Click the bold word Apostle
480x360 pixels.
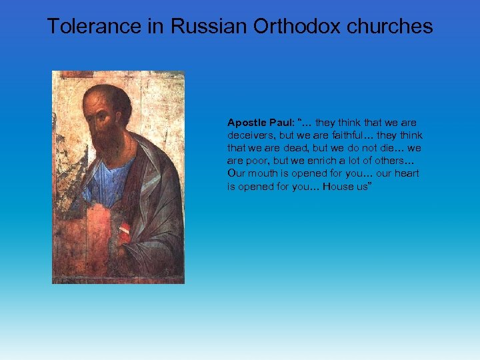point(246,123)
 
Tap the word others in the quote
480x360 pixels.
point(397,161)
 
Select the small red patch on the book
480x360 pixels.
point(125,233)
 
